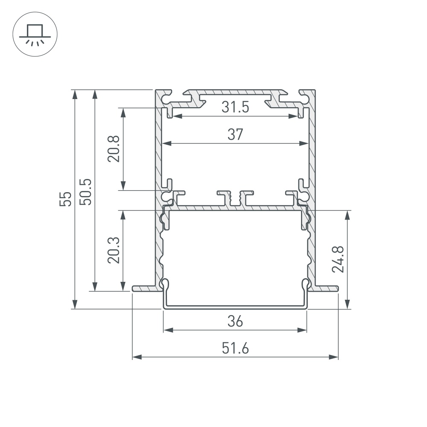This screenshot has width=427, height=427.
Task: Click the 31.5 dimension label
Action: (x=235, y=107)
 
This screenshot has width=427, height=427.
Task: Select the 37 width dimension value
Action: (x=235, y=135)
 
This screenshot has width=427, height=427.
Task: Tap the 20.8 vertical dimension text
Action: (x=114, y=149)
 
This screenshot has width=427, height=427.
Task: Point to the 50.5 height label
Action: (x=85, y=192)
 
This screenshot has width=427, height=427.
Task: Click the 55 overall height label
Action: (x=65, y=199)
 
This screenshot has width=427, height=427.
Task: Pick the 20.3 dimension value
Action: (x=114, y=250)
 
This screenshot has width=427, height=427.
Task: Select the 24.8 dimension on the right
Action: (x=338, y=259)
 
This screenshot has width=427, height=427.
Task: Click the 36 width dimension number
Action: (x=235, y=322)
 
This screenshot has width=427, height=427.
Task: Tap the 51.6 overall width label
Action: (x=235, y=348)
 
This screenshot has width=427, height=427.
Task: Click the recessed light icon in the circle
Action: (x=35, y=35)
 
